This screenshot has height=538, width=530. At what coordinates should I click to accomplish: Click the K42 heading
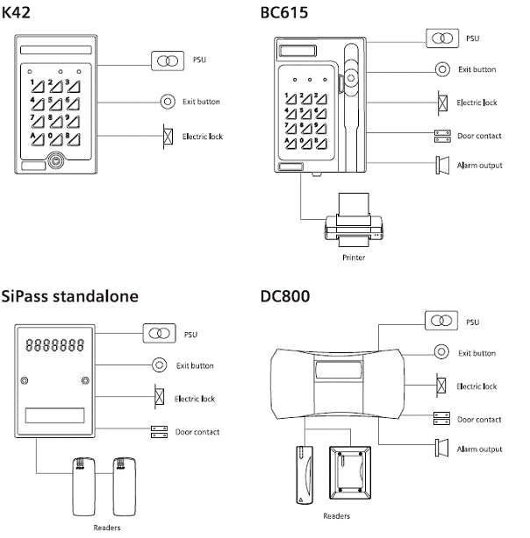point(22,13)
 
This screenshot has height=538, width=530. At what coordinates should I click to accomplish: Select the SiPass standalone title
point(70,296)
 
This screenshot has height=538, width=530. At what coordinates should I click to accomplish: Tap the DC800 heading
point(286,296)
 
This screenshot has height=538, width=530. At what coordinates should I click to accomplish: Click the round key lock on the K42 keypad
point(57,162)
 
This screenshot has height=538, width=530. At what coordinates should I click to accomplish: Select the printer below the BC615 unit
point(352,222)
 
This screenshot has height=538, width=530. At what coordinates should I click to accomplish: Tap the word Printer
point(353,258)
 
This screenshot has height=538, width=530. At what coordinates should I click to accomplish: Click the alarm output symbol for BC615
point(442,165)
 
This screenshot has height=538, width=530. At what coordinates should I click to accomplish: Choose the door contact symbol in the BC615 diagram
point(442,136)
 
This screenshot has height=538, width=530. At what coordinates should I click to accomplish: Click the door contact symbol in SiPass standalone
point(159,432)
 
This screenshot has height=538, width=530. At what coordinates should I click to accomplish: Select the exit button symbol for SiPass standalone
point(159,365)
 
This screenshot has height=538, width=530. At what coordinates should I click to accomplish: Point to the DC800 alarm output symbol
point(442,449)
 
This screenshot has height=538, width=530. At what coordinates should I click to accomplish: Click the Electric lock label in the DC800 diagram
point(477,386)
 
